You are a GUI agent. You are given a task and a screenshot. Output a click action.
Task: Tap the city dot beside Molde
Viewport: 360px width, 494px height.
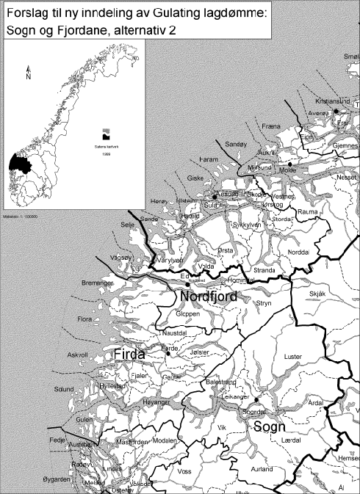click(290, 164)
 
